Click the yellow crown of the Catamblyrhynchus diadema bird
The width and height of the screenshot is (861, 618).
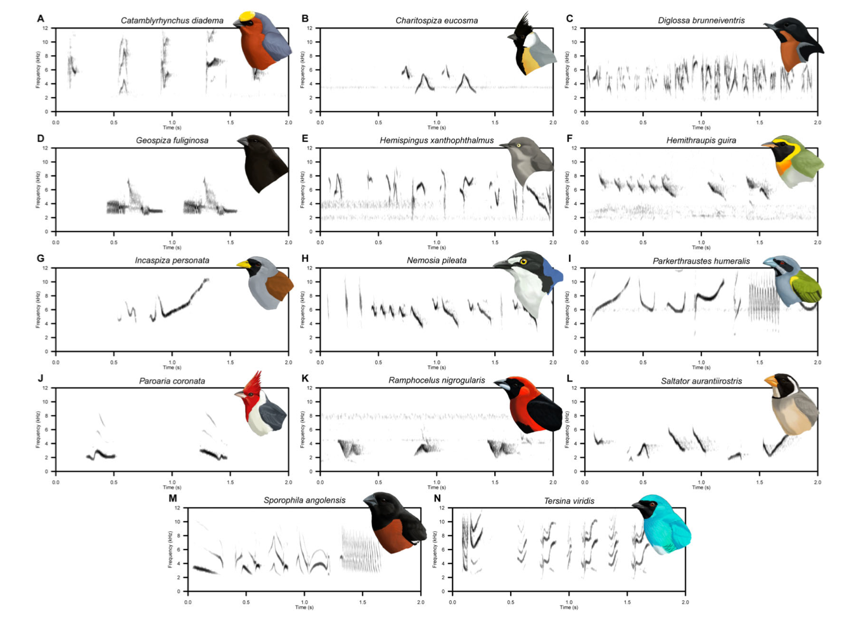pyautogui.click(x=246, y=16)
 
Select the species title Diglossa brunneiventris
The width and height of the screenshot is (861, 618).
pyautogui.click(x=701, y=20)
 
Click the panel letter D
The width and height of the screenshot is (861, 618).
pyautogui.click(x=41, y=139)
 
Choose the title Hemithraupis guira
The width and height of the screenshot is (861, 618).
pyautogui.click(x=701, y=140)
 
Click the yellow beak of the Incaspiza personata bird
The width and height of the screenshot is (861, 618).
pyautogui.click(x=243, y=264)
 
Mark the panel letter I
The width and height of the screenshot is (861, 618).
pyautogui.click(x=570, y=259)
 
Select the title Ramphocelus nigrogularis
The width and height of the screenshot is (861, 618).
pyautogui.click(x=437, y=380)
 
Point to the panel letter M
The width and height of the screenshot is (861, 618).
pyautogui.click(x=172, y=498)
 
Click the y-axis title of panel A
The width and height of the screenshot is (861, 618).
pyautogui.click(x=38, y=70)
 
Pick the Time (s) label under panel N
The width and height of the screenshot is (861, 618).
pyautogui.click(x=569, y=607)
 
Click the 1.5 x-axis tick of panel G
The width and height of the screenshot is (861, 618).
pyautogui.click(x=231, y=363)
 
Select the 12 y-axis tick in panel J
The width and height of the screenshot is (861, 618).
pyautogui.click(x=45, y=388)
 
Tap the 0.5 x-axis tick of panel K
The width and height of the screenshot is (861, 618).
pyautogui.click(x=378, y=482)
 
